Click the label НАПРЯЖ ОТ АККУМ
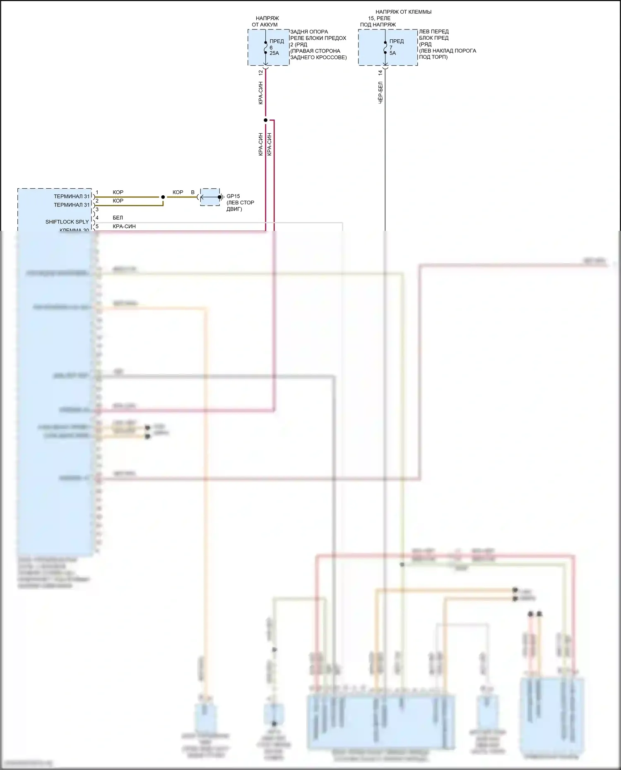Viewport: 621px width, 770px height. [x=265, y=22]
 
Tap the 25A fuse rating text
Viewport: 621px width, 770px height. [x=274, y=53]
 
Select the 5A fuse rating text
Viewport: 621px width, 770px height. [x=392, y=53]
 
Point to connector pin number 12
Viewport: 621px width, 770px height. [x=260, y=72]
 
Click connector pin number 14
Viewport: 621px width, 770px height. [x=380, y=72]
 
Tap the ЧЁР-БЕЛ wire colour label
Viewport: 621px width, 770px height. [x=380, y=92]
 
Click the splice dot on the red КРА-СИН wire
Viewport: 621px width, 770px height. [x=265, y=120]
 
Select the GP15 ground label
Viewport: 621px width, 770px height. [x=233, y=196]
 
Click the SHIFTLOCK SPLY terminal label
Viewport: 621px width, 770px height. [x=67, y=222]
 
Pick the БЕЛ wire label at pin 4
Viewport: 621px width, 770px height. [x=118, y=218]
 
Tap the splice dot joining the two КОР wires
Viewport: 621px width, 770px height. [x=163, y=197]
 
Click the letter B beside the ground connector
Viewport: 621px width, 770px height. [x=193, y=192]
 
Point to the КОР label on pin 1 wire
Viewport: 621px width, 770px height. [x=118, y=192]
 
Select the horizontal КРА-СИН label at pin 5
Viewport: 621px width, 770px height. [x=124, y=226]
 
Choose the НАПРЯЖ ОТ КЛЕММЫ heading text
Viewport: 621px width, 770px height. [x=403, y=12]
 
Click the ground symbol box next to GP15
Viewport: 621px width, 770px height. [x=210, y=197]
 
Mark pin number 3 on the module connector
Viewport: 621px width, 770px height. [x=97, y=210]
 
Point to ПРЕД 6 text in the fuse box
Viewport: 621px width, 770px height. [x=276, y=44]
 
